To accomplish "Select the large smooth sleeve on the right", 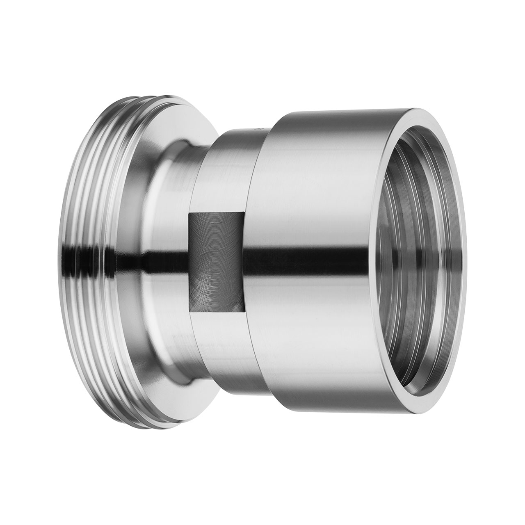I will coord(312,185).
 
